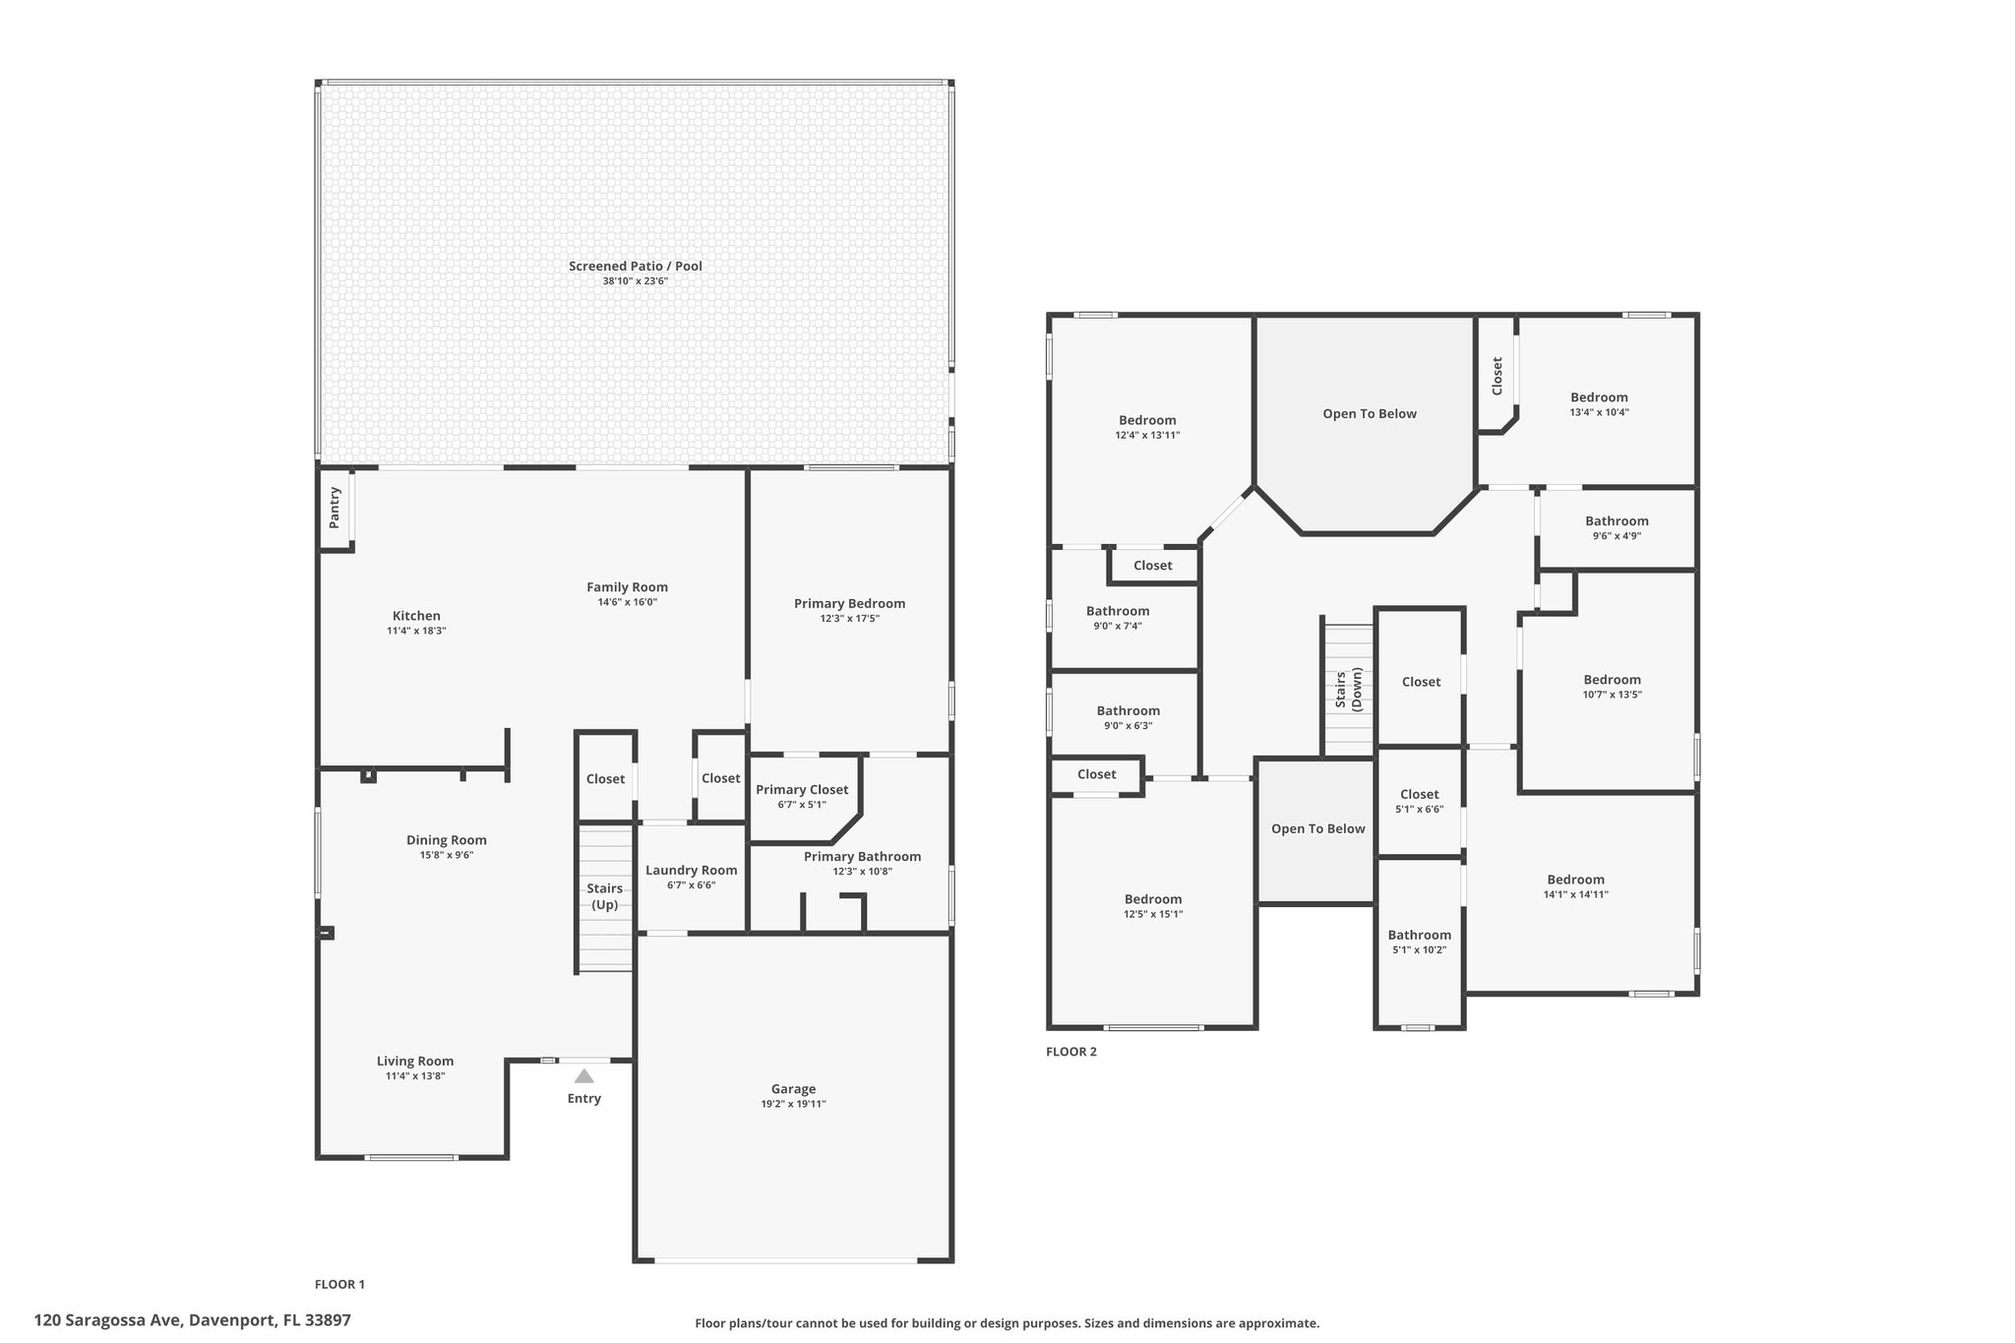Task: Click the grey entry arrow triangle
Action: pos(584,1075)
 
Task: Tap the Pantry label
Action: pos(335,507)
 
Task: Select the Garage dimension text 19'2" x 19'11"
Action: pos(793,1104)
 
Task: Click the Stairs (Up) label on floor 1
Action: pos(604,896)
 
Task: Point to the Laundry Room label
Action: pos(691,870)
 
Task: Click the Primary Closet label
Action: pos(802,789)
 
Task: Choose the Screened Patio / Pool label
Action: pos(636,266)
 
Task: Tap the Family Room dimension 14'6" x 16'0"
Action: pos(628,602)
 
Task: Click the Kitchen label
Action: pos(416,616)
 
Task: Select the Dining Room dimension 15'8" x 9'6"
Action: pos(447,855)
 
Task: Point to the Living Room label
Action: pos(415,1061)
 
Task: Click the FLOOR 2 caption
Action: pos(1071,1052)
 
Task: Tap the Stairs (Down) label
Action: pos(1348,689)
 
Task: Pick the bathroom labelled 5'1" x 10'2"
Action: pos(1420,935)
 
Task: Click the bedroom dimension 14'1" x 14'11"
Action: pos(1576,895)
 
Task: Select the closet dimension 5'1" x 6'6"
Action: pos(1420,810)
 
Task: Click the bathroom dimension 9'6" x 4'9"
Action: pos(1617,536)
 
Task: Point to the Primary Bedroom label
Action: pos(850,603)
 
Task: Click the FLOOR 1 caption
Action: pos(339,1284)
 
